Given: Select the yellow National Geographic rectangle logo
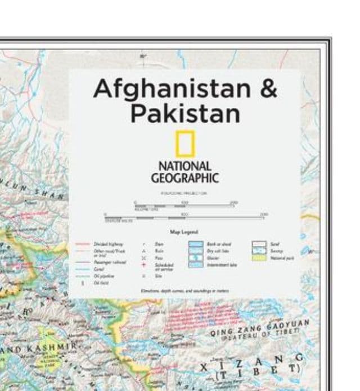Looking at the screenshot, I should [184, 143].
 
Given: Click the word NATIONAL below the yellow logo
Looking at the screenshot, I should [184, 167].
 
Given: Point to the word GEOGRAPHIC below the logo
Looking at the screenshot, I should [184, 178].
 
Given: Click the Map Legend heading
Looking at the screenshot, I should [183, 231].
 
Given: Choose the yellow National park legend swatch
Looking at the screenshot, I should [259, 258].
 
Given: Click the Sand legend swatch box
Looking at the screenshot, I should [259, 244].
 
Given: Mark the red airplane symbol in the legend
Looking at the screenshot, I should [143, 264].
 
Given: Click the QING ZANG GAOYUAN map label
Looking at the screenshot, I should [260, 328].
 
